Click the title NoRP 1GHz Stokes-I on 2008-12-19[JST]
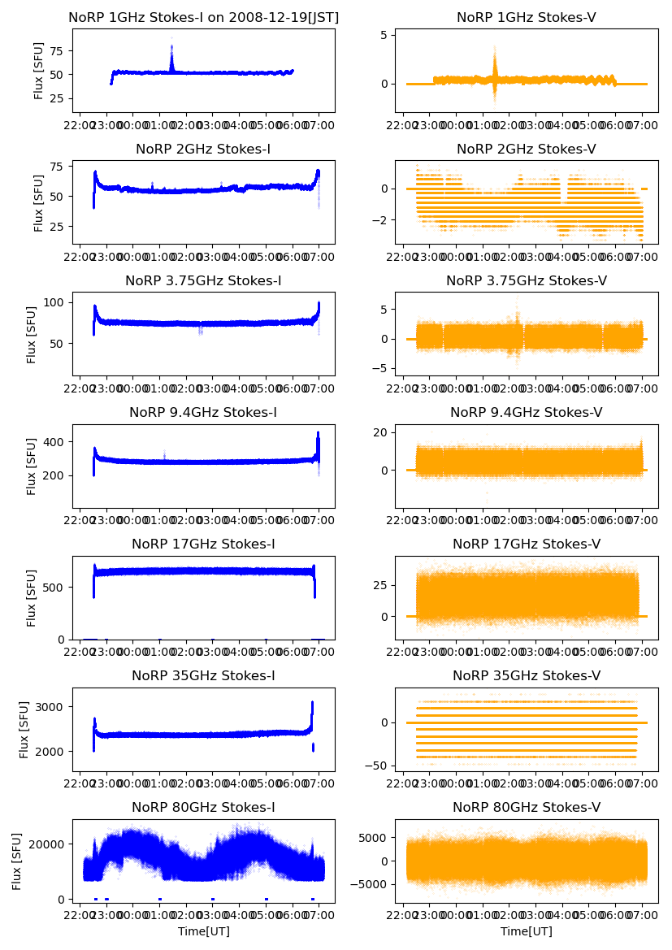coord(203,17)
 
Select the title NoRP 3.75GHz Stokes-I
coord(203,280)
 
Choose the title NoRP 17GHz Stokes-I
coord(203,544)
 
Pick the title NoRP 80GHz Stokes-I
coord(203,808)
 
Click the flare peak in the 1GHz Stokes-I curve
coord(171,41)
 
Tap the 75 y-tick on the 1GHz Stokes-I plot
coord(57,50)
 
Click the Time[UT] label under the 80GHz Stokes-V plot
coord(526,931)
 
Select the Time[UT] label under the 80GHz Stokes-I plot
coord(203,931)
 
